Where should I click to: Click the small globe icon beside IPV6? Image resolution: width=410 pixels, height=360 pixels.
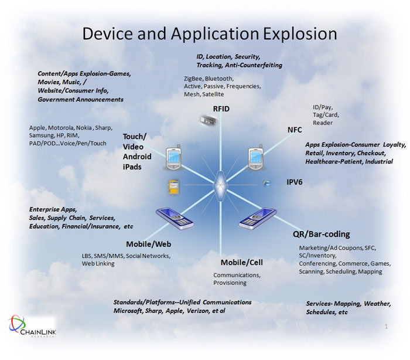point(268,184)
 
